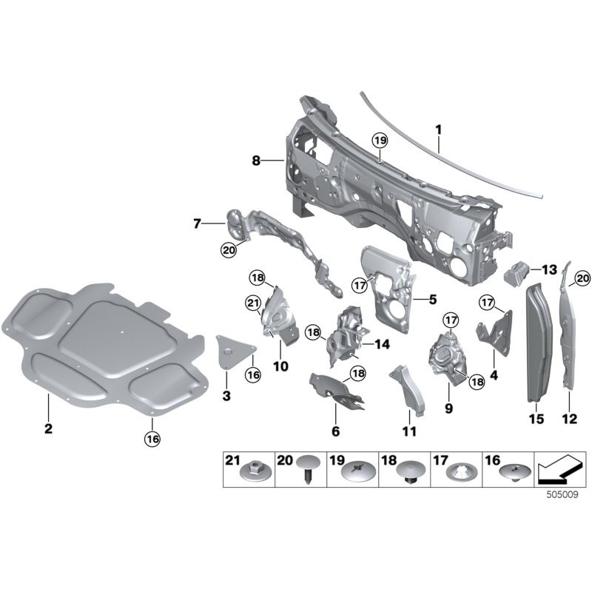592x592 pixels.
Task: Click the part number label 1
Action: tap(438, 129)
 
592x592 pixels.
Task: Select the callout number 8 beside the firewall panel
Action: tap(255, 159)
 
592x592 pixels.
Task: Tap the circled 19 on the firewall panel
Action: tap(380, 141)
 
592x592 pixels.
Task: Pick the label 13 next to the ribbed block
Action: tap(549, 269)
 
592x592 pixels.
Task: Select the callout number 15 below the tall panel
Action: tap(536, 419)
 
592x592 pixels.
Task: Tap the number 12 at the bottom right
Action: tap(568, 419)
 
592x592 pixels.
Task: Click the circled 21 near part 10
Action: tap(252, 303)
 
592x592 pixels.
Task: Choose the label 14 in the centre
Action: tap(382, 344)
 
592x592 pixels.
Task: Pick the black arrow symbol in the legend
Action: tap(559, 468)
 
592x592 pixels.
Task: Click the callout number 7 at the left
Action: tap(197, 222)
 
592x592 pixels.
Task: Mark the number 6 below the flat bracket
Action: tap(335, 431)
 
